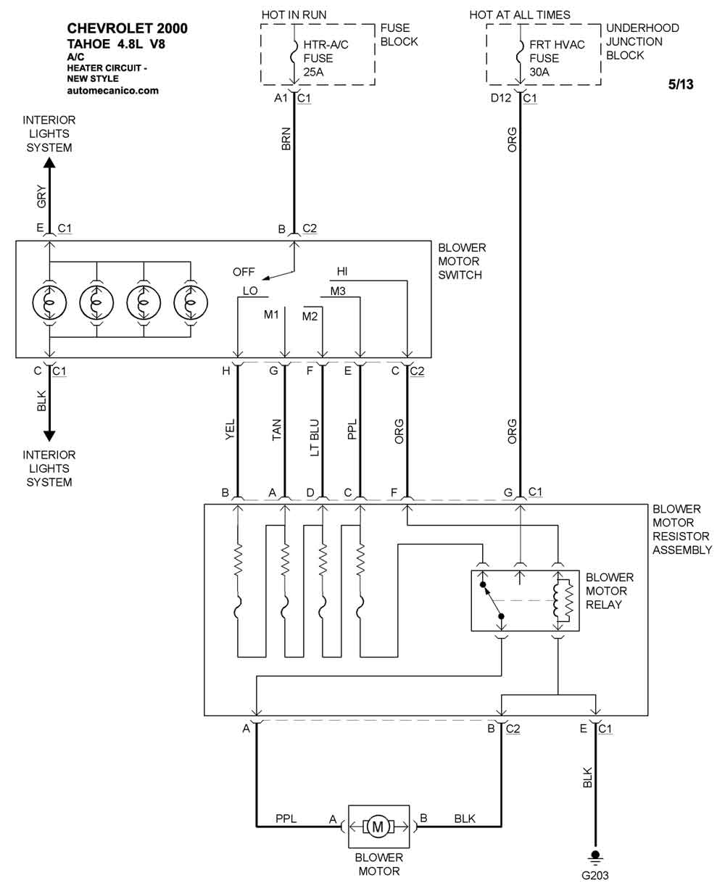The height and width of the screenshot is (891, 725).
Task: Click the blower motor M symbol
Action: point(378,826)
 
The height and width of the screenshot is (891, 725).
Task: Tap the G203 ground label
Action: point(595,876)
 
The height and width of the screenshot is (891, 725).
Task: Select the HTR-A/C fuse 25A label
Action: point(326,58)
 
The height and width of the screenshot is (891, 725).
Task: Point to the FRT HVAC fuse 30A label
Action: point(557,58)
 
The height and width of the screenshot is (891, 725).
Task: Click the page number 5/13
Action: point(681,85)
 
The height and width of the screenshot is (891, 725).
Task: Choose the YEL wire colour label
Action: point(230,429)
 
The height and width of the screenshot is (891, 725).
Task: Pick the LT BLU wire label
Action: point(315,438)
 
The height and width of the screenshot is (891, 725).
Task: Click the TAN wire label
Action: point(276,430)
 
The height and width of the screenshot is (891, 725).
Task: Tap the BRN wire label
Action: point(286,139)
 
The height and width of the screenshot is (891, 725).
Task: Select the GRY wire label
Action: point(42,196)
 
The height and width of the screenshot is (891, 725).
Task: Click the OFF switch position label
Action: point(244,272)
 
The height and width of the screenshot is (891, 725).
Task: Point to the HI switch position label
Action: point(341,271)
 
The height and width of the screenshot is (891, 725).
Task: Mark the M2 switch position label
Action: point(310,316)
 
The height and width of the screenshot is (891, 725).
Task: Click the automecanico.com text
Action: point(112,91)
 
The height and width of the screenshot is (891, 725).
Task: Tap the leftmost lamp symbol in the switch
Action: point(49,302)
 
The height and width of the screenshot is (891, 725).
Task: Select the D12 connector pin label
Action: point(501,98)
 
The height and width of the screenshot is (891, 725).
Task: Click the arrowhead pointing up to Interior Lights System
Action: point(49,162)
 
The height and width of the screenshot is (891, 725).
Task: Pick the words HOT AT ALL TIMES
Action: point(520,15)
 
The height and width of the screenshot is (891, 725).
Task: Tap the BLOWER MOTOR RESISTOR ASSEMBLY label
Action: point(682,529)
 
